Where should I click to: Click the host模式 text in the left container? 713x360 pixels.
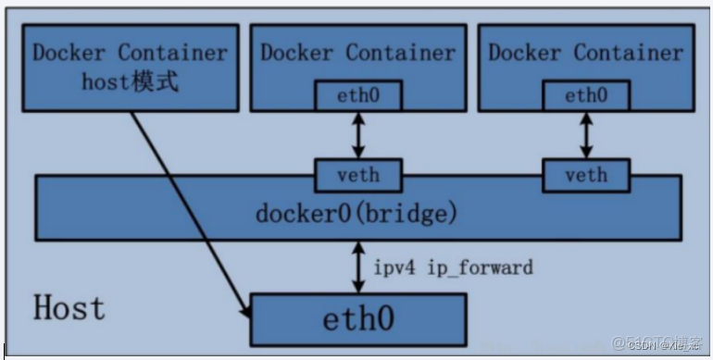131,83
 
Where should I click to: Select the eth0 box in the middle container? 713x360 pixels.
356,94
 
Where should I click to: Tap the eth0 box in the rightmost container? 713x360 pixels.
585,94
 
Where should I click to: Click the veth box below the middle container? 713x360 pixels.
356,174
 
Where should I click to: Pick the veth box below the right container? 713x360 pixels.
585,174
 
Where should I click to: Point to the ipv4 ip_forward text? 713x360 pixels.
453,267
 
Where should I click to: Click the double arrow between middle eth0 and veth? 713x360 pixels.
356,134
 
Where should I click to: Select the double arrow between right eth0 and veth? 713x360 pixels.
585,134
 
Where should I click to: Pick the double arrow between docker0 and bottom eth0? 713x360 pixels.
356,267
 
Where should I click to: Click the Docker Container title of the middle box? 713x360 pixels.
357,52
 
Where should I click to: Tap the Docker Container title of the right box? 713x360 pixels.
585,52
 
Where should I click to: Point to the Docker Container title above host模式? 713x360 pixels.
131,52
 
